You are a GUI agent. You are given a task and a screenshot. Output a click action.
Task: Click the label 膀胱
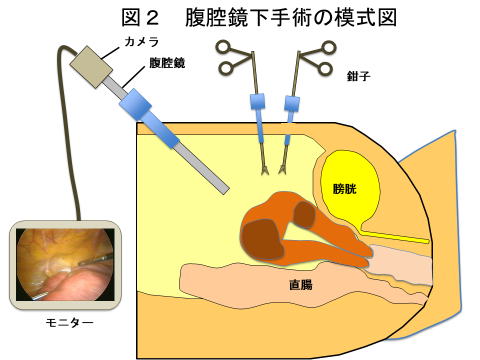pyautogui.click(x=343, y=188)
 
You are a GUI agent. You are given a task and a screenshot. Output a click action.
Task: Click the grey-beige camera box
pyautogui.click(x=92, y=65)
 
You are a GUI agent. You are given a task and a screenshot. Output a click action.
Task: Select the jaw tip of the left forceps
pyautogui.click(x=264, y=164)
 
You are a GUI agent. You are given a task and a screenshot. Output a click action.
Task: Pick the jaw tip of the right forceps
pyautogui.click(x=283, y=164)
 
